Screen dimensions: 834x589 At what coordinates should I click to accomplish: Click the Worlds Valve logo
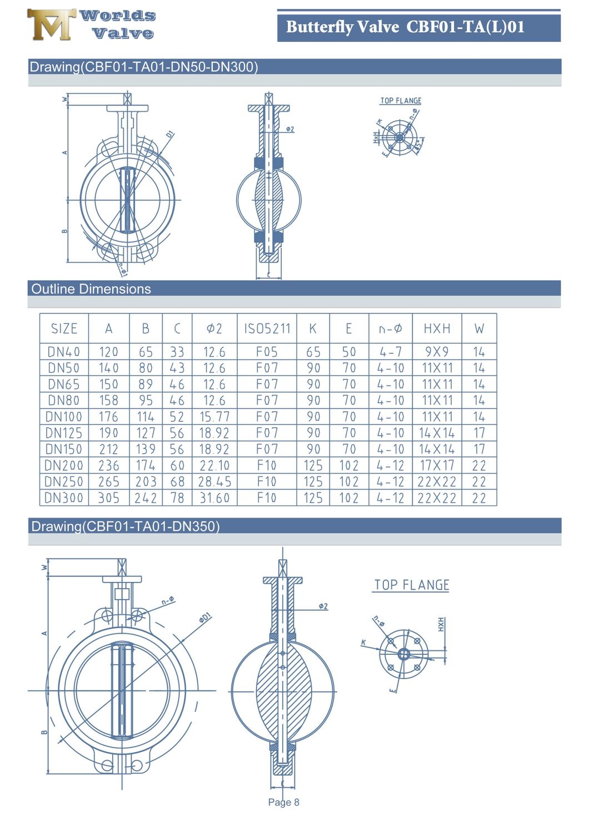tap(91, 25)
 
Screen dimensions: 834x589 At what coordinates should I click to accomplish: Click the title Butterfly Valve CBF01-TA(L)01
tap(405, 27)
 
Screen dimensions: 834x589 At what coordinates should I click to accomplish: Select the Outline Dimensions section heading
tap(91, 289)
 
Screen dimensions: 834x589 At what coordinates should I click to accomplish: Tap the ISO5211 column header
tap(267, 329)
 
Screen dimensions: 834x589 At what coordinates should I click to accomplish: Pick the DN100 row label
tap(64, 417)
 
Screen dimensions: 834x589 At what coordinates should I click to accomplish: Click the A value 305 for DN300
tap(108, 498)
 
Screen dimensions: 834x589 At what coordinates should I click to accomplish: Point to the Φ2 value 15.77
tap(214, 417)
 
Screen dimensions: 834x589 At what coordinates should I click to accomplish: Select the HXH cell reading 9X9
tap(437, 352)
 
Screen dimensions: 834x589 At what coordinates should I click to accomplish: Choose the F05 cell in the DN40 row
tap(267, 352)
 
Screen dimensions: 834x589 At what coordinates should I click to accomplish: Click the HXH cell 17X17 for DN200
tap(437, 466)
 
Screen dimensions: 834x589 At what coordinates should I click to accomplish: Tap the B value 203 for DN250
tap(146, 482)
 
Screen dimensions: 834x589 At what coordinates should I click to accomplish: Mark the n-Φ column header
tap(390, 329)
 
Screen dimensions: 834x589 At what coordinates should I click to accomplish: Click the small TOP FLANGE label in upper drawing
tap(401, 101)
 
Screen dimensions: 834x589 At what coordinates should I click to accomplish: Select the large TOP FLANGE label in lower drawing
tap(411, 585)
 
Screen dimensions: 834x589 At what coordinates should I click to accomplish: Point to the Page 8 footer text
tap(283, 802)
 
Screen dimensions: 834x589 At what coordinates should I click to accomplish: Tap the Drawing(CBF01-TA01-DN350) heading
tap(126, 526)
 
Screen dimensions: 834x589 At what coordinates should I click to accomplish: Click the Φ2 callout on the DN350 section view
tap(323, 606)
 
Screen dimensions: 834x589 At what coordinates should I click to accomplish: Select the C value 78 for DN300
tap(177, 498)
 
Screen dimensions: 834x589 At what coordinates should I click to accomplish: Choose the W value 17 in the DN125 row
tap(479, 433)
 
